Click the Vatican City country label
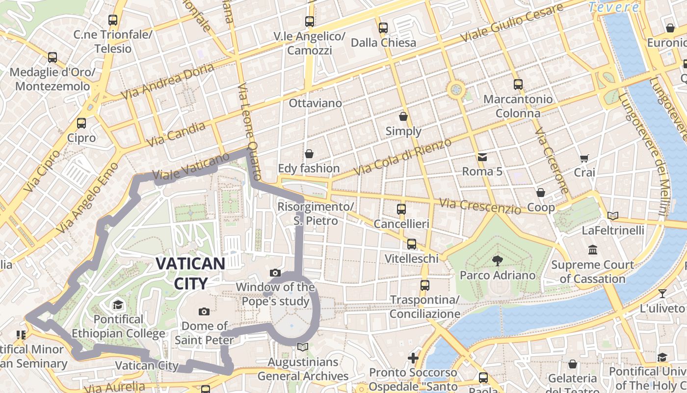pos(190,273)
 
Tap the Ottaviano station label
pos(315,103)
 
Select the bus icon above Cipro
pos(81,123)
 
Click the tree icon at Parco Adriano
pos(498,260)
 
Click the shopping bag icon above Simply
pos(403,116)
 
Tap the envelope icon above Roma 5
pos(482,157)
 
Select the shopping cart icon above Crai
pos(584,158)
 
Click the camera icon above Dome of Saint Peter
pos(204,311)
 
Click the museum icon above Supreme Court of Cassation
pos(592,250)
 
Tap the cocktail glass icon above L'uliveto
pos(662,294)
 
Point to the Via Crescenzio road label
pos(480,206)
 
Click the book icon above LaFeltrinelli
pos(612,216)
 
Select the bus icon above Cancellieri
pos(401,209)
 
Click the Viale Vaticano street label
pos(191,167)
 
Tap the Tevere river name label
pos(614,7)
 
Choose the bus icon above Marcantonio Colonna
pos(518,84)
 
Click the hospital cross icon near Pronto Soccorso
pos(413,358)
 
